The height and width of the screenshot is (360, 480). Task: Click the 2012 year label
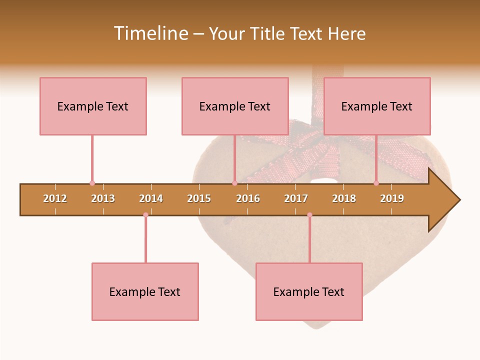(55, 198)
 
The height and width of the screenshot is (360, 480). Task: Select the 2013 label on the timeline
(103, 198)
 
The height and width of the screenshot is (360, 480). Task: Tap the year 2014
(151, 198)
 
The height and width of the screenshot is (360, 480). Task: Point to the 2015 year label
(199, 198)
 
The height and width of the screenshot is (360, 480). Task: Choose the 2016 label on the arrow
(248, 198)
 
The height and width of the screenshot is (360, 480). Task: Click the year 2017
(296, 198)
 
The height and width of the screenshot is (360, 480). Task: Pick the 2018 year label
(344, 198)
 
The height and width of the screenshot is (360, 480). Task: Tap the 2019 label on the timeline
(392, 198)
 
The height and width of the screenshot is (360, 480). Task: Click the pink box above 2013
(93, 106)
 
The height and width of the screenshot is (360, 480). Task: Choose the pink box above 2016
(235, 106)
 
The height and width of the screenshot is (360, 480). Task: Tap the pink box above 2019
(377, 106)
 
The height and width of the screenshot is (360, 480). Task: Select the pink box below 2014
(145, 291)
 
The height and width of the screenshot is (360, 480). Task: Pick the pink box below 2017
(309, 291)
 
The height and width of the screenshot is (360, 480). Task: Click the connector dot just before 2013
(92, 183)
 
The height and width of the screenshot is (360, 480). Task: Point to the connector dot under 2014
(145, 215)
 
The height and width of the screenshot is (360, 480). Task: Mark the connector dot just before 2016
(234, 183)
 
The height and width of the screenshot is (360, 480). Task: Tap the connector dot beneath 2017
(309, 215)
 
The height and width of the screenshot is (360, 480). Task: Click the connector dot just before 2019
(376, 183)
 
